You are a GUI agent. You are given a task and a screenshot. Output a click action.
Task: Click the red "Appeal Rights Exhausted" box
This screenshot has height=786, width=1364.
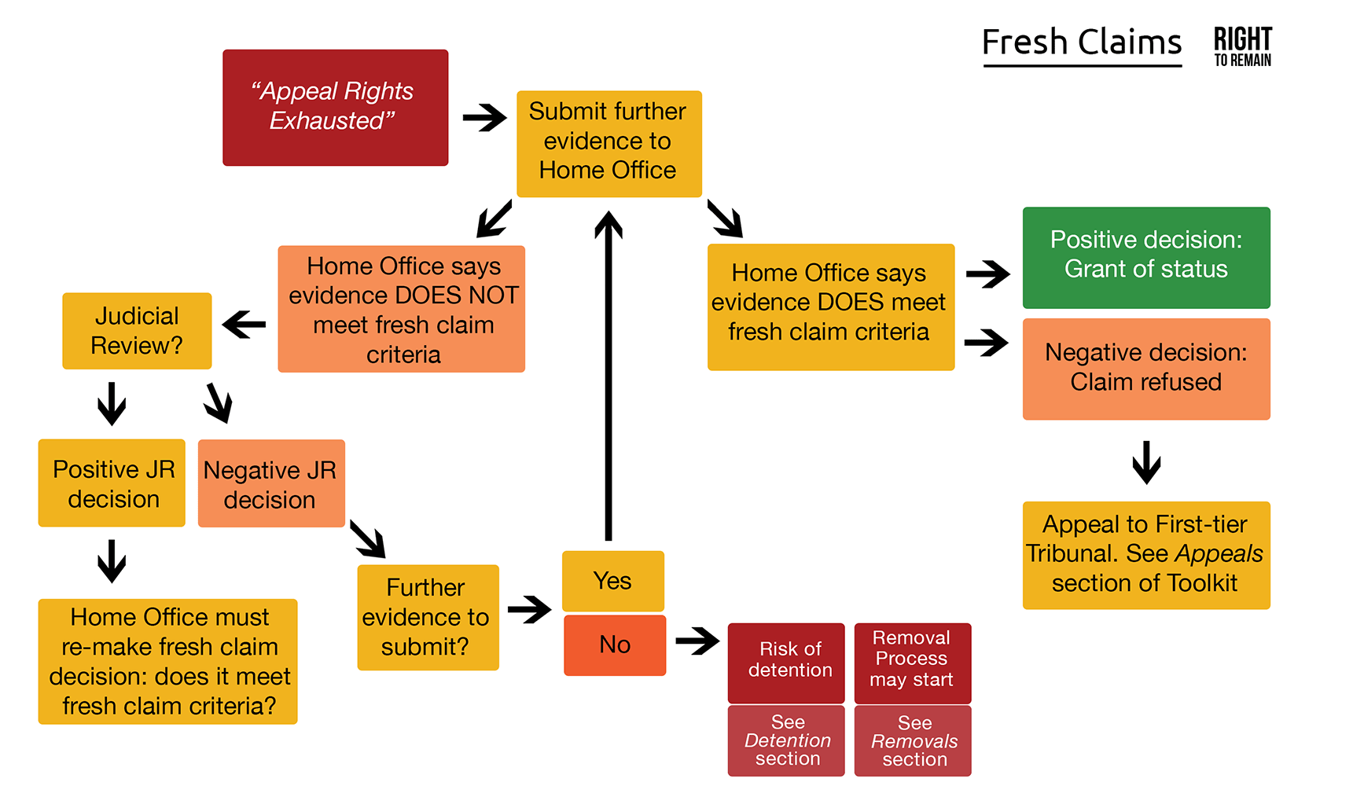tap(335, 108)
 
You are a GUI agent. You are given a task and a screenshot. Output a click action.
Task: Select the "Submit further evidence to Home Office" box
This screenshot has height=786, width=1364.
tap(608, 143)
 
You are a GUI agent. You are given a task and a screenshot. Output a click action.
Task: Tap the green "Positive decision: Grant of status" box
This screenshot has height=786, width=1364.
tap(1145, 257)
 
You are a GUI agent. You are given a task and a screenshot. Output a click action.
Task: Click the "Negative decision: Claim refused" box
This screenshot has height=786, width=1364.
tap(1145, 369)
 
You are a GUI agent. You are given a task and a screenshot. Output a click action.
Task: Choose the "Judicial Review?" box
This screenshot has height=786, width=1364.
tap(137, 331)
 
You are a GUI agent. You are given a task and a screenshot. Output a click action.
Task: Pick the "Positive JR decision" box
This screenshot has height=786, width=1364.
tap(112, 483)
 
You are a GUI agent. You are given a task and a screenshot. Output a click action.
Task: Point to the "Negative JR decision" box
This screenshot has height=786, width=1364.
tap(271, 483)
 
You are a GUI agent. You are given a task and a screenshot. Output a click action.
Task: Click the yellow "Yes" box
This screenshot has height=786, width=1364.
tap(612, 581)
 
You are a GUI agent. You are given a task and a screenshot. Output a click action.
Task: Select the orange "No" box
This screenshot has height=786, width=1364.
tap(614, 645)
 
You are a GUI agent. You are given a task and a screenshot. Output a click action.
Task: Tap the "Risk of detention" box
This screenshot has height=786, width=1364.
tap(786, 662)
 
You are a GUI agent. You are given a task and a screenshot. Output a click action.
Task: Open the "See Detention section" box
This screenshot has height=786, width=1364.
tap(786, 740)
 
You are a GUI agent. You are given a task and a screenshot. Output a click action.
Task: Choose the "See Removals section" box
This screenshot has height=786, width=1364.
tap(912, 740)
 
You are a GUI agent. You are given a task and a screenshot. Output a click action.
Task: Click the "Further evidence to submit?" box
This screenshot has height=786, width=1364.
tap(428, 617)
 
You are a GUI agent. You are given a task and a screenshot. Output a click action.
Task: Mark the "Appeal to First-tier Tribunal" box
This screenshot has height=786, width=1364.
tap(1145, 555)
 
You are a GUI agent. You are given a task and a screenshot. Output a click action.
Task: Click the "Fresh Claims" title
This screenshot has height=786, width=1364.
tap(1082, 42)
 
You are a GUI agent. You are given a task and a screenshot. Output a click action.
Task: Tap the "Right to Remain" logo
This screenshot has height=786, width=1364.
tap(1242, 46)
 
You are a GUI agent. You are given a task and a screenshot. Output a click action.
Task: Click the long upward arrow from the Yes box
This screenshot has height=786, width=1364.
tap(608, 377)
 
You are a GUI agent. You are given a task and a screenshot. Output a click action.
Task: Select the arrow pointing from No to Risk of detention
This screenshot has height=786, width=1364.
tap(697, 641)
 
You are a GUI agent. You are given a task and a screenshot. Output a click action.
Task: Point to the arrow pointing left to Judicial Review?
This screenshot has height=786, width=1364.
tap(244, 324)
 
